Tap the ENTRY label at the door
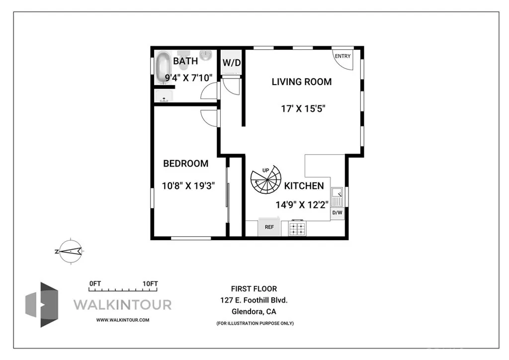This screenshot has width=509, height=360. click(342, 56)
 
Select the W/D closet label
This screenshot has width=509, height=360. click(231, 63)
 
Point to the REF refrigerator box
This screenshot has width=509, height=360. click(269, 227)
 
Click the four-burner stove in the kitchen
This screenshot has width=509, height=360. click(298, 228)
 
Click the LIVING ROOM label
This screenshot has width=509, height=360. click(301, 82)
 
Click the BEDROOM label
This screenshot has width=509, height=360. click(186, 164)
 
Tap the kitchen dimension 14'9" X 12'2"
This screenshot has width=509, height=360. click(302, 204)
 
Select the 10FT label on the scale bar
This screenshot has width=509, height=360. click(150, 284)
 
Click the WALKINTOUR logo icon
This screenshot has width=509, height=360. click(42, 304)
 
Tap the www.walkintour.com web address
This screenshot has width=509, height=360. click(122, 320)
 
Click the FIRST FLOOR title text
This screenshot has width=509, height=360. click(254, 288)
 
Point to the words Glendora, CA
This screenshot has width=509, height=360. click(254, 312)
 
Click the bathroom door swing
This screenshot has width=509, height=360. click(210, 90)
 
